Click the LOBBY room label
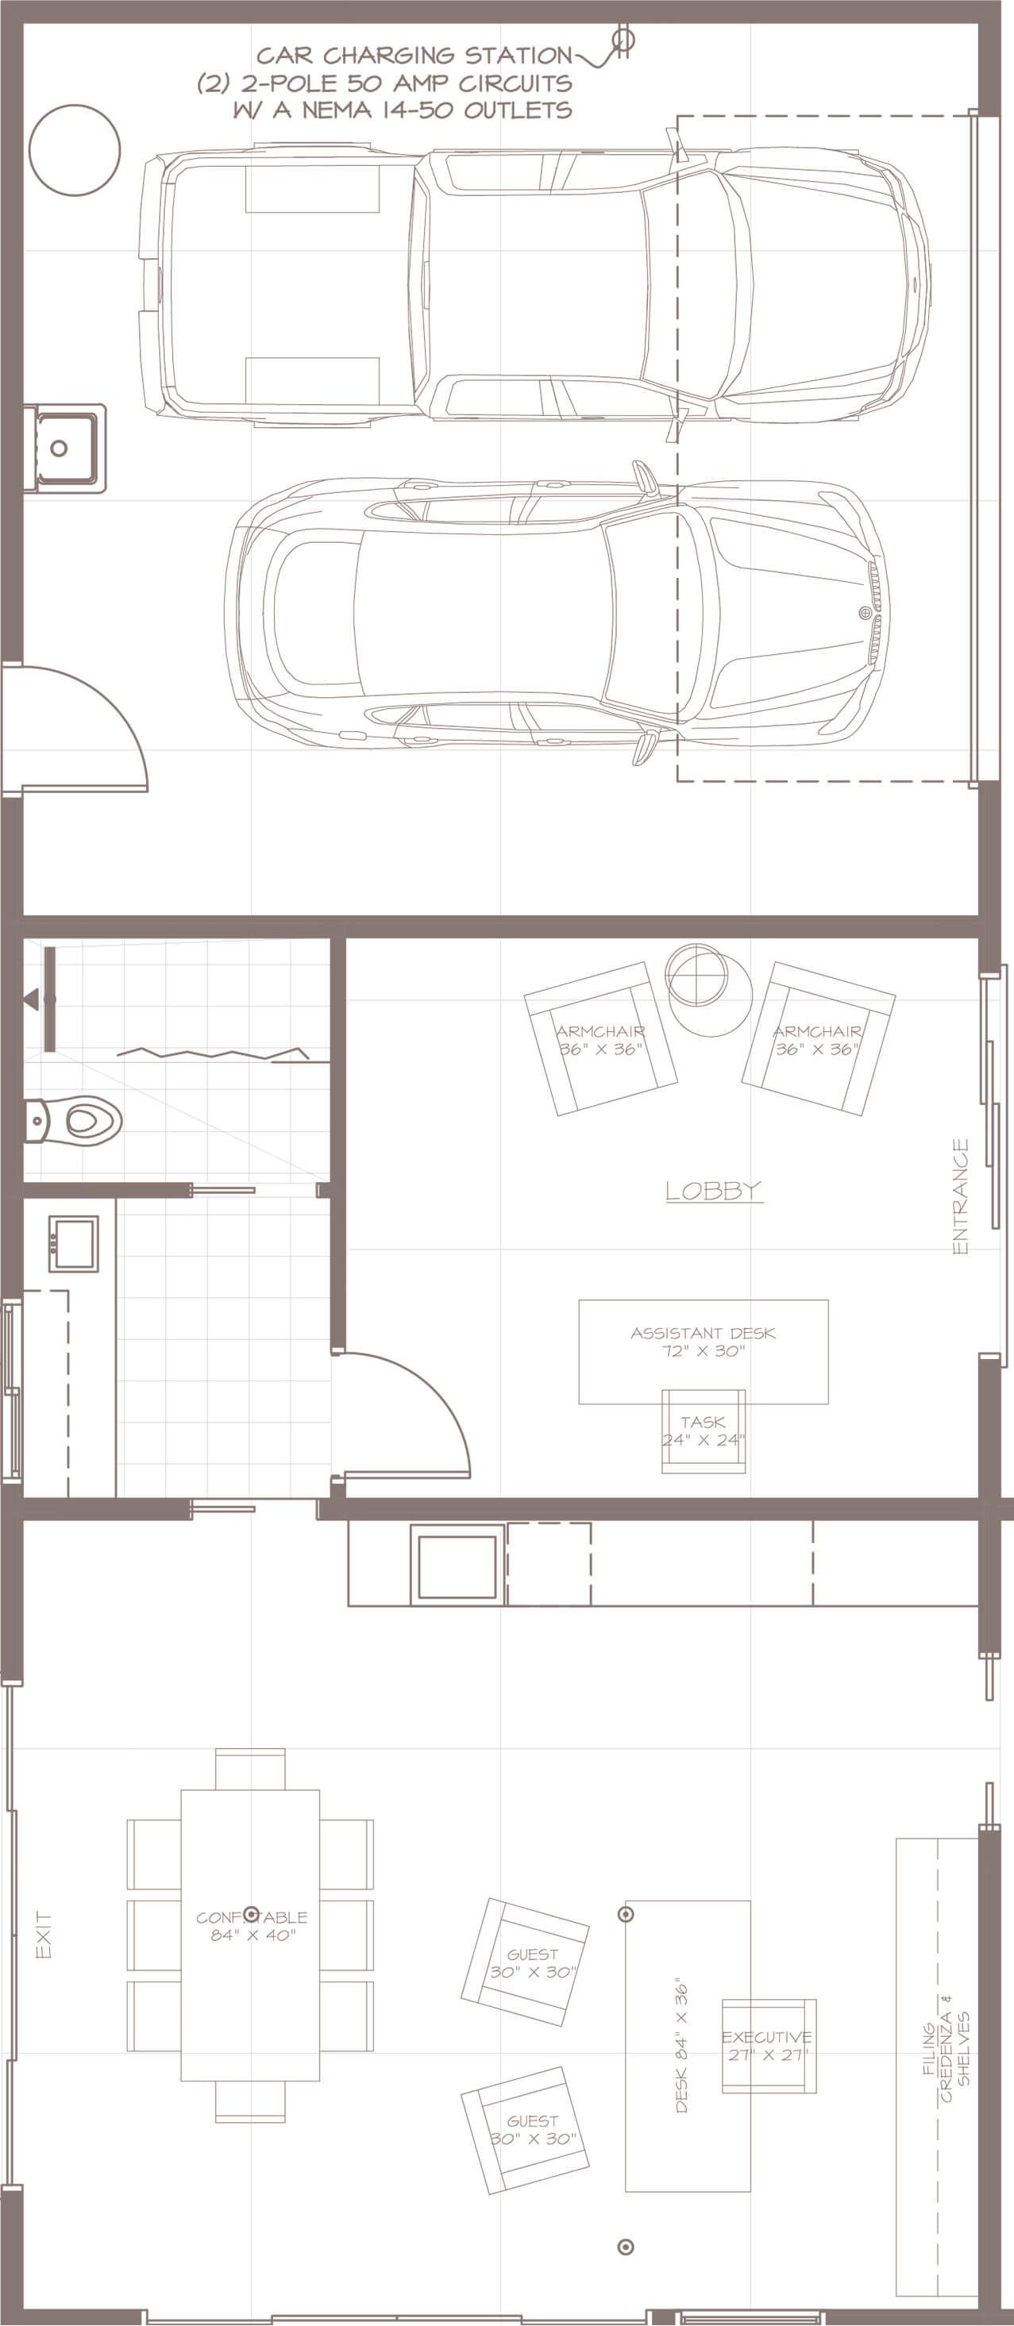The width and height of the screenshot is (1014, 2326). tap(713, 1191)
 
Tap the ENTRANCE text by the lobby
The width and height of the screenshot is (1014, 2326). tap(961, 1196)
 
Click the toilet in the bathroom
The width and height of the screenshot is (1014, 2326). tap(73, 1122)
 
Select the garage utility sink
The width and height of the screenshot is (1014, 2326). tap(65, 448)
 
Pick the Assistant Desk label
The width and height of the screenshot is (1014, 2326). tap(703, 1341)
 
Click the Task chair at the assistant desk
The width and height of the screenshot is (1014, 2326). tap(704, 1431)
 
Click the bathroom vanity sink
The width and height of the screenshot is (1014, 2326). tap(73, 1244)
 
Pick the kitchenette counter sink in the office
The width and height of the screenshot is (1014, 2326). tap(457, 1565)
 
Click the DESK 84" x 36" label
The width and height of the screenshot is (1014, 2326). tap(682, 2048)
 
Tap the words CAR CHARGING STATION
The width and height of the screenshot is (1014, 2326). tap(414, 56)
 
